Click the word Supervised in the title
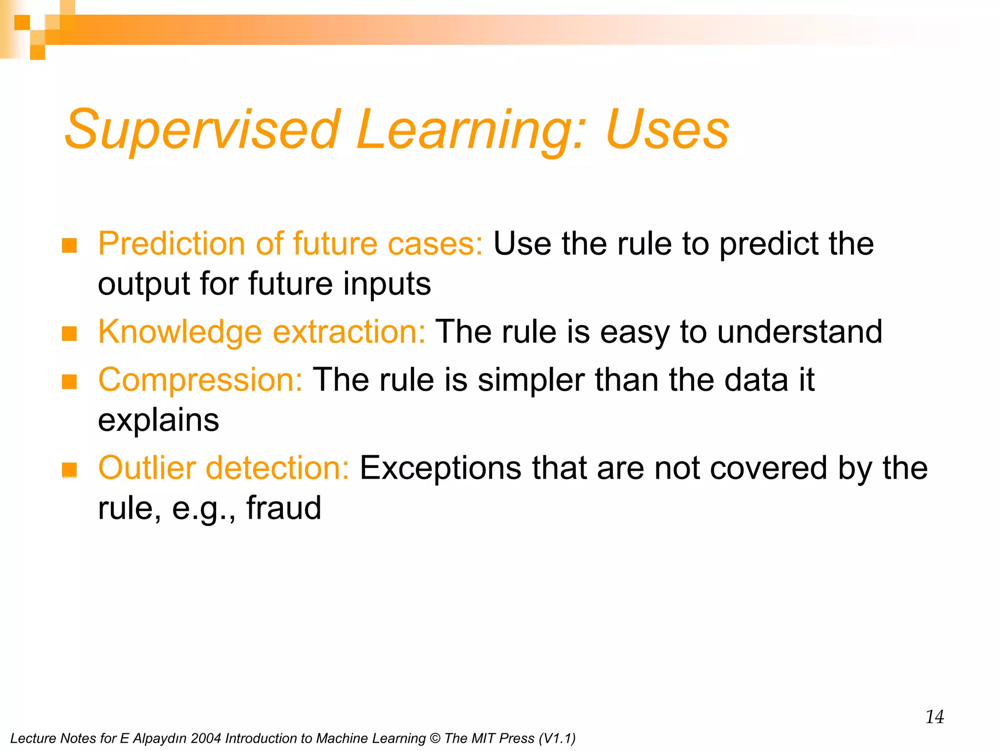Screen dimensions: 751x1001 (x=202, y=130)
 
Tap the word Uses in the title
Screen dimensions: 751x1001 (x=667, y=130)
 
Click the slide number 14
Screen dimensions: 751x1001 (x=934, y=717)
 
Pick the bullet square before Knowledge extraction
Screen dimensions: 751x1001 (x=69, y=333)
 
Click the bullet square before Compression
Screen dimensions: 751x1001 (x=69, y=381)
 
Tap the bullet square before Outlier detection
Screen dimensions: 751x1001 (x=69, y=469)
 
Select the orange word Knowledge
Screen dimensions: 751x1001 (x=180, y=331)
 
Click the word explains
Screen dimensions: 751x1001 (x=158, y=420)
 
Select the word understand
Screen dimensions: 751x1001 (x=800, y=331)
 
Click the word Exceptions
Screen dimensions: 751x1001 (x=440, y=468)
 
